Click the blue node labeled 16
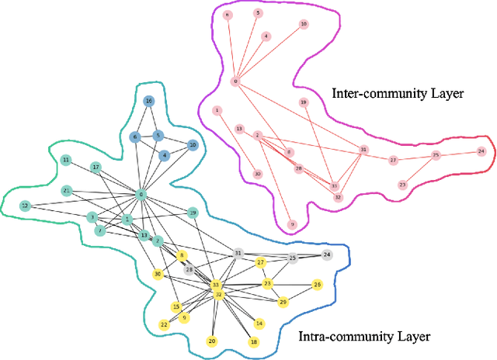point(149,102)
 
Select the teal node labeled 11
point(66,161)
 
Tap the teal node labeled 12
point(25,206)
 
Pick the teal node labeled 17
point(96,168)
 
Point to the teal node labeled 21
point(68,191)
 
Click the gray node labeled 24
point(327,254)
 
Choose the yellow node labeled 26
point(317,286)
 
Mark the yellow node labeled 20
point(212,341)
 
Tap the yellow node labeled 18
point(253,342)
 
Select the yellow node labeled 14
point(259,324)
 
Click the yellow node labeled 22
point(164,325)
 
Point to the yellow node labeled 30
point(158,274)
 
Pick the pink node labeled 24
point(481,151)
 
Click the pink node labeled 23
point(402,185)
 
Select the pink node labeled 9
point(293,225)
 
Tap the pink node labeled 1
point(217,110)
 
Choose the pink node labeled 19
point(304,102)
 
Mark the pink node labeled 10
point(304,24)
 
